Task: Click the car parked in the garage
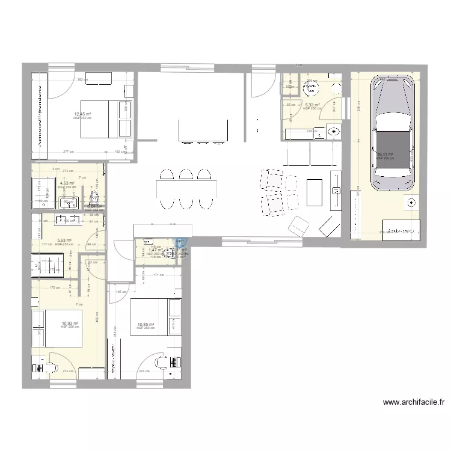394,134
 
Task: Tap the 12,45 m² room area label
82,114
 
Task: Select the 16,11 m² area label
384,154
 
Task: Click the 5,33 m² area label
311,105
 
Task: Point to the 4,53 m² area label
66,183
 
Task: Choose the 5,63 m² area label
64,241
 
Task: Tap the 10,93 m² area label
70,323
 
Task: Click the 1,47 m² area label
156,250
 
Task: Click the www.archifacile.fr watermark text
413,402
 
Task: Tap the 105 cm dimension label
118,292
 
